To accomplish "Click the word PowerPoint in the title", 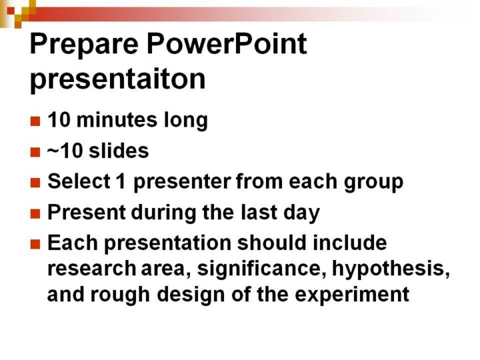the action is point(227,45).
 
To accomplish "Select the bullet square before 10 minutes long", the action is point(35,121).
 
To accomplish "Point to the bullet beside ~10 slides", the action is point(35,152).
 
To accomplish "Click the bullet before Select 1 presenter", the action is point(35,183).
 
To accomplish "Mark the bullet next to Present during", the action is point(35,214).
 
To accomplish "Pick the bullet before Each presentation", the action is point(35,244).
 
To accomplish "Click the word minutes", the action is point(117,120).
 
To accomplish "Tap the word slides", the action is point(119,151).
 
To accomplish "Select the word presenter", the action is point(183,183).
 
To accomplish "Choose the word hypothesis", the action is point(391,269).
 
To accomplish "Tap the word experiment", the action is point(352,295).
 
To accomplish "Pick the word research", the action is point(91,269).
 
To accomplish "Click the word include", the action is point(350,243).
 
